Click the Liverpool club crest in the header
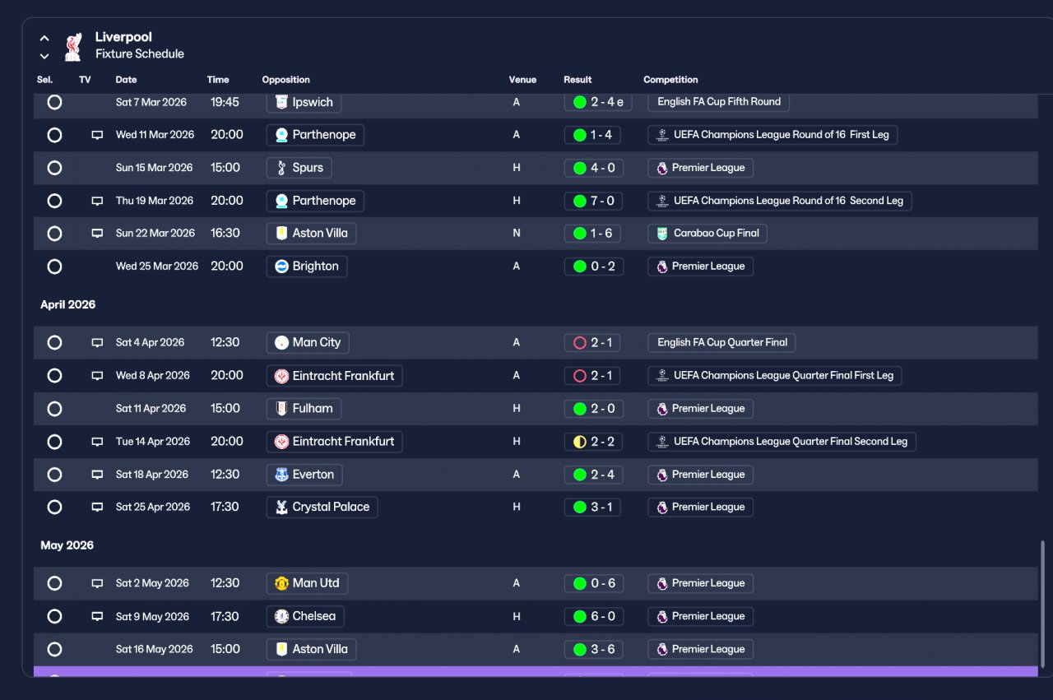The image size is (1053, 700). coord(73,47)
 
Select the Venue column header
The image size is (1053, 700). coord(522,80)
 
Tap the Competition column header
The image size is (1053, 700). coord(670,80)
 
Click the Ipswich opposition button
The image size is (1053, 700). coord(304,102)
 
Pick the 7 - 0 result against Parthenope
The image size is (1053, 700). coord(594,201)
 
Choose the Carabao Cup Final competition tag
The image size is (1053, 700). coord(707,233)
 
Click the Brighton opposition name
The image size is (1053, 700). coord(315,266)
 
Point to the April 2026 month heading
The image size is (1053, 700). coord(67,304)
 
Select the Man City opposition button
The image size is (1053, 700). coord(308,342)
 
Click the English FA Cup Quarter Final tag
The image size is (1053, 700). coord(721,342)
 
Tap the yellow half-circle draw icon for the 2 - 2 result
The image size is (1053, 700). coord(580,442)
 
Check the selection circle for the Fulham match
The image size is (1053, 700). coord(54,409)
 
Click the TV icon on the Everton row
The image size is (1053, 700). coord(97,475)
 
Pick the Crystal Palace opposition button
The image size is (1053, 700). coord(322,507)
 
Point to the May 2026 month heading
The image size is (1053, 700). coord(67,545)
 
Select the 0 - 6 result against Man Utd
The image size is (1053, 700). coord(594,583)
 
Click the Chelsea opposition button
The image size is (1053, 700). coord(305,616)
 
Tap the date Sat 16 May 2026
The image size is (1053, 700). coord(154,649)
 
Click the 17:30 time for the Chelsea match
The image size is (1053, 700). coord(225,616)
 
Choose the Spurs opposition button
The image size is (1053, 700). coord(299,168)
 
